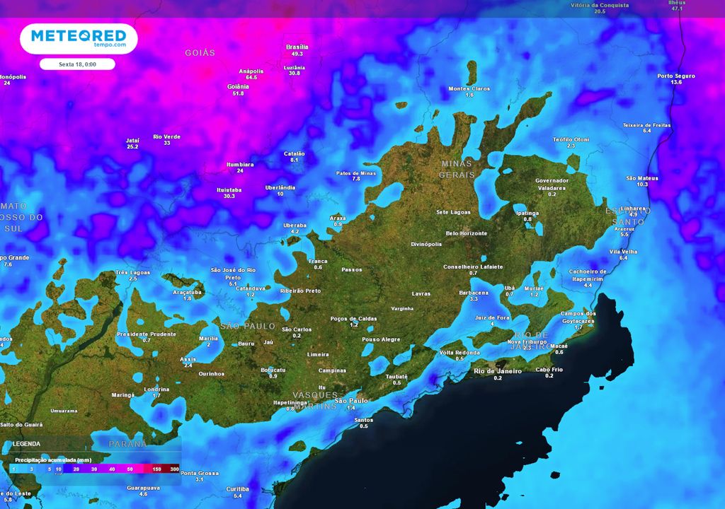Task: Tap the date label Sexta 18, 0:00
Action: coord(77,64)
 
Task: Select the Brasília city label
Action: coord(297,47)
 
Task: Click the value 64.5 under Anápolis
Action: coord(251,78)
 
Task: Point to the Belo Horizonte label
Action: coord(466,233)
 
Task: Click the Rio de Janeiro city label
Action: coord(498,371)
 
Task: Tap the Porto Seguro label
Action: coord(676,76)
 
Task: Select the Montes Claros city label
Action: coord(469,88)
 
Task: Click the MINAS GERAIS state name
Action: coord(456,168)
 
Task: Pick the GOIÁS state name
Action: coord(200,53)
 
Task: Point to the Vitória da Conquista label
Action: coord(600,5)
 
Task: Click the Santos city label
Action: coord(363,419)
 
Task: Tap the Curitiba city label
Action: coord(237,488)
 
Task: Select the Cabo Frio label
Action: coord(549,369)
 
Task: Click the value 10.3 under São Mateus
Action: coord(642,184)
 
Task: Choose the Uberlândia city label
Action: coord(280,187)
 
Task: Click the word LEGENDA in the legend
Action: coord(26,444)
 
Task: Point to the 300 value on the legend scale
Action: coord(175,469)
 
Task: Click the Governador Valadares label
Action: coord(552,185)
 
